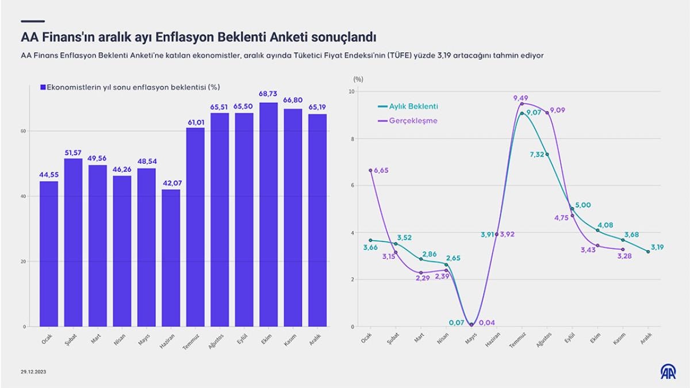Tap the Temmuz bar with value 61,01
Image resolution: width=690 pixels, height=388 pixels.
coord(195,227)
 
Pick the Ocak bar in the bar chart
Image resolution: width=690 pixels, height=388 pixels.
coord(49,253)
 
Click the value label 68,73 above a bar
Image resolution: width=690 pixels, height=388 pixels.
coord(269,94)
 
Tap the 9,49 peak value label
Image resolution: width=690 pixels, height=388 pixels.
coord(522,98)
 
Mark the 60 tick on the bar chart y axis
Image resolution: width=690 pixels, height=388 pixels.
coord(24,131)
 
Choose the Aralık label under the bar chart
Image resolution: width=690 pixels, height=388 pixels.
coord(316,339)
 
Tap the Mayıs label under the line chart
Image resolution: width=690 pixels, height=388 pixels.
coord(472,339)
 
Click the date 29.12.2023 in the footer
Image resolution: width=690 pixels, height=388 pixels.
coord(33,372)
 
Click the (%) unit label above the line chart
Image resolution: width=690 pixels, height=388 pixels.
coord(359,78)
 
